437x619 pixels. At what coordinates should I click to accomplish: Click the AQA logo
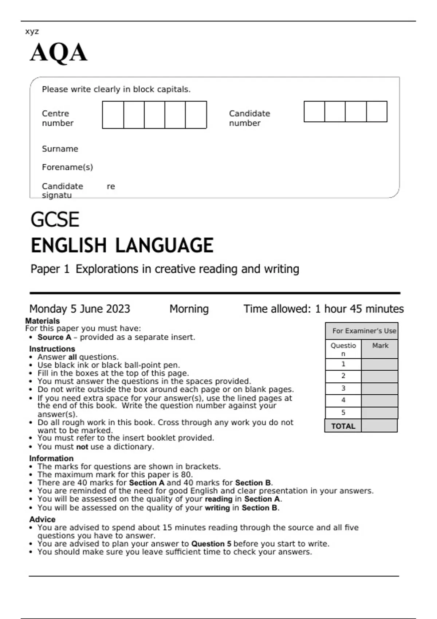(59, 52)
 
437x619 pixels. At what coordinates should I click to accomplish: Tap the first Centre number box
(113, 115)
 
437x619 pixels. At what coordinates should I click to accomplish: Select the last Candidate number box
(377, 111)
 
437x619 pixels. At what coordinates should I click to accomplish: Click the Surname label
(60, 149)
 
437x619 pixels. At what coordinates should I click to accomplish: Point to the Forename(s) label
(67, 167)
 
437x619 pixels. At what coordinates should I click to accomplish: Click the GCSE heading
(55, 220)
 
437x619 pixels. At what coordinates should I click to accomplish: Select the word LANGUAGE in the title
(164, 245)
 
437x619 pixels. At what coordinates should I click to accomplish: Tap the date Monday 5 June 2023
(80, 309)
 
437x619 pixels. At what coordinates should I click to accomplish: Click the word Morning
(189, 309)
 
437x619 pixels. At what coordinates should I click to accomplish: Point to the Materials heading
(42, 321)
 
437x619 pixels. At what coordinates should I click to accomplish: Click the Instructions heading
(52, 349)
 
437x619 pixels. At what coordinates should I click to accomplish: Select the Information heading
(51, 458)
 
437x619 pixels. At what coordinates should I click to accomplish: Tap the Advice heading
(43, 519)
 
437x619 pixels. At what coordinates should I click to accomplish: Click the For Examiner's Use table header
(364, 331)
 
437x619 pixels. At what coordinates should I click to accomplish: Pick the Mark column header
(380, 346)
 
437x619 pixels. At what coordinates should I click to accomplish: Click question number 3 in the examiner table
(343, 388)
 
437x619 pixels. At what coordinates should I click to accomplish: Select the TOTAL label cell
(343, 426)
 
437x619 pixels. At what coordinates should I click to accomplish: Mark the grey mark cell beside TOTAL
(379, 426)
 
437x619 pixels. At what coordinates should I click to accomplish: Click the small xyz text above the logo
(32, 31)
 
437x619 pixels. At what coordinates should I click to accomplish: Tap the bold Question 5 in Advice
(211, 544)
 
